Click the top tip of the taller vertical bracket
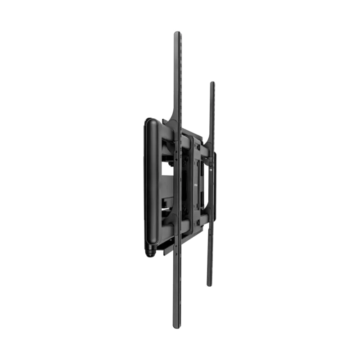pos(178,31)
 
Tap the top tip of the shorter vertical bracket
pos(212,82)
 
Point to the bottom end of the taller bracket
pos(178,328)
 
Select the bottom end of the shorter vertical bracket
pos(209,285)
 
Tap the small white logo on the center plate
pos(195,184)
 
